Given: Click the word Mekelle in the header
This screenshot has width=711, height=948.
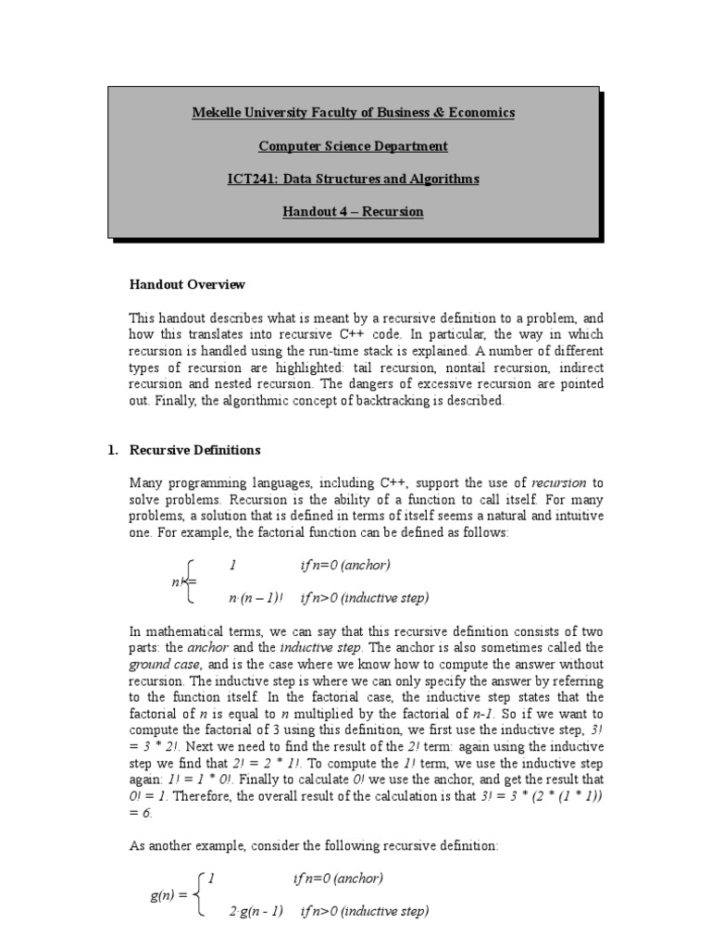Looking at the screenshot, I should pyautogui.click(x=214, y=113).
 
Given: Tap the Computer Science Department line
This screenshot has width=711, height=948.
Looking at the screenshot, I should pyautogui.click(x=353, y=146).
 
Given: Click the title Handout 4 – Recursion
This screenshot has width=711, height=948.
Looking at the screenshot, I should pyautogui.click(x=353, y=212).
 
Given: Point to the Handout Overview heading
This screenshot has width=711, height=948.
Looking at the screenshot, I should pyautogui.click(x=187, y=284).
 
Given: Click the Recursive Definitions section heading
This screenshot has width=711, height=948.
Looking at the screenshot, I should pyautogui.click(x=195, y=450).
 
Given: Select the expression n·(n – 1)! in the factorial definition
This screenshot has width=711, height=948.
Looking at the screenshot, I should pyautogui.click(x=256, y=597).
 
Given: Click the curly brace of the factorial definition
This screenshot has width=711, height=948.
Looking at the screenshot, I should pyautogui.click(x=189, y=580).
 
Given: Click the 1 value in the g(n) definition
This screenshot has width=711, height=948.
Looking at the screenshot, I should pyautogui.click(x=212, y=879).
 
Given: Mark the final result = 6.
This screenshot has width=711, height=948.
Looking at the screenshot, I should pyautogui.click(x=142, y=814).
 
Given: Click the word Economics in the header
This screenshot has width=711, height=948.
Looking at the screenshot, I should pyautogui.click(x=480, y=113).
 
